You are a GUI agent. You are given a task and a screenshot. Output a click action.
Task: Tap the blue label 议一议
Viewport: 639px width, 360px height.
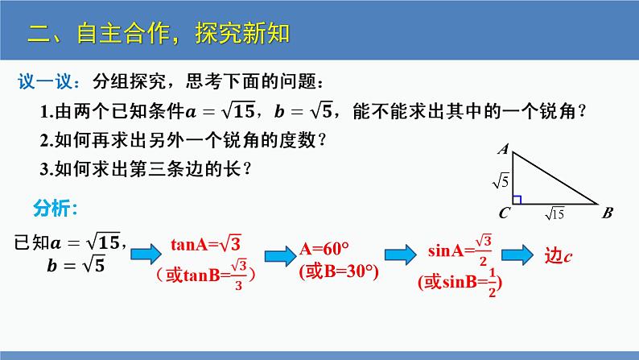(45, 81)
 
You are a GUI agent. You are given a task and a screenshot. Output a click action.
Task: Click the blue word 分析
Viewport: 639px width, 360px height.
(52, 208)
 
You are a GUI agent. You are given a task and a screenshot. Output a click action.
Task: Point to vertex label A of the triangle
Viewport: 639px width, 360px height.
(504, 149)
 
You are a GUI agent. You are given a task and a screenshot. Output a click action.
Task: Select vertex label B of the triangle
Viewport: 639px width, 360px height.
(608, 213)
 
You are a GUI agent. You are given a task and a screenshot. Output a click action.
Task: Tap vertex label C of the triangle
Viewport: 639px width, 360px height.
(504, 213)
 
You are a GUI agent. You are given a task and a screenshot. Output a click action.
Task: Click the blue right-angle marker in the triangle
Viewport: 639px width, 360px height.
(517, 200)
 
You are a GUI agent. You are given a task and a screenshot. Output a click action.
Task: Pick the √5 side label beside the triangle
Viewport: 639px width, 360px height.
(501, 180)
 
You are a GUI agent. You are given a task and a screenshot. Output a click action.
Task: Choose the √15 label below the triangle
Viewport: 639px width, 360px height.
(554, 213)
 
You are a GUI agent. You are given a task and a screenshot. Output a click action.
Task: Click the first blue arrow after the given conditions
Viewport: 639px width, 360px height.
(146, 254)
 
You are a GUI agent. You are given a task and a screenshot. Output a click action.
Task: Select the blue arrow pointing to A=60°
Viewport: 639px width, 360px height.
(280, 256)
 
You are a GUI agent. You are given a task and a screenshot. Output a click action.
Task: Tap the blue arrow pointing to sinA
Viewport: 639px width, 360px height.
(400, 254)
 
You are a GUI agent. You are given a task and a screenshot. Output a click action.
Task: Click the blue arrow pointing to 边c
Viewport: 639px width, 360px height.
(517, 254)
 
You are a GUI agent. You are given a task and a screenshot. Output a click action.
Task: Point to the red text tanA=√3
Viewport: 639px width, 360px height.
(206, 244)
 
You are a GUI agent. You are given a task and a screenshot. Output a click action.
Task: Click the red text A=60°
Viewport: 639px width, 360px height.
(324, 248)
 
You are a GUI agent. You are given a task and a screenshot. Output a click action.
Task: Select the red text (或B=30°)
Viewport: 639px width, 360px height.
(339, 271)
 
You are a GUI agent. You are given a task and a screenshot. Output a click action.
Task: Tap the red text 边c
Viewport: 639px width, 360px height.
(559, 255)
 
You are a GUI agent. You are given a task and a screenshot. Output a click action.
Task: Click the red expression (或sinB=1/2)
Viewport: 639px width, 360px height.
(460, 282)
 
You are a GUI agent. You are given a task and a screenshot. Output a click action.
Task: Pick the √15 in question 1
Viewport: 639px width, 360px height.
(239, 110)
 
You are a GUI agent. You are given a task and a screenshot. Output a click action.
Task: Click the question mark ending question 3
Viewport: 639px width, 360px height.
(247, 169)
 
